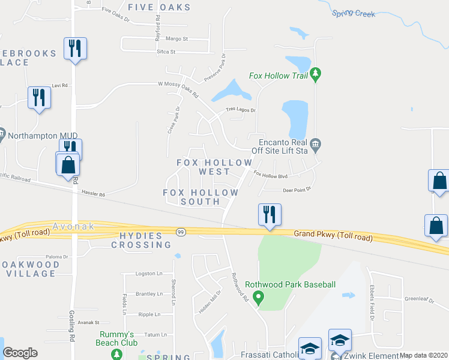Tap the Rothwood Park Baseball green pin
point(259,296)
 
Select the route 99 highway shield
point(180,232)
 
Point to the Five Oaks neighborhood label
point(159,8)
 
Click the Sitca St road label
point(166,52)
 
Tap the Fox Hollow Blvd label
point(271,175)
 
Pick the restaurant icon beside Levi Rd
point(39,97)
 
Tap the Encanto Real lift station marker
point(316,144)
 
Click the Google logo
point(20,353)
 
